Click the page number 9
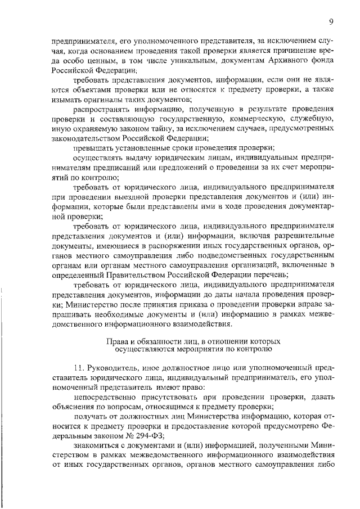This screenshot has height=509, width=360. click(x=332, y=21)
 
